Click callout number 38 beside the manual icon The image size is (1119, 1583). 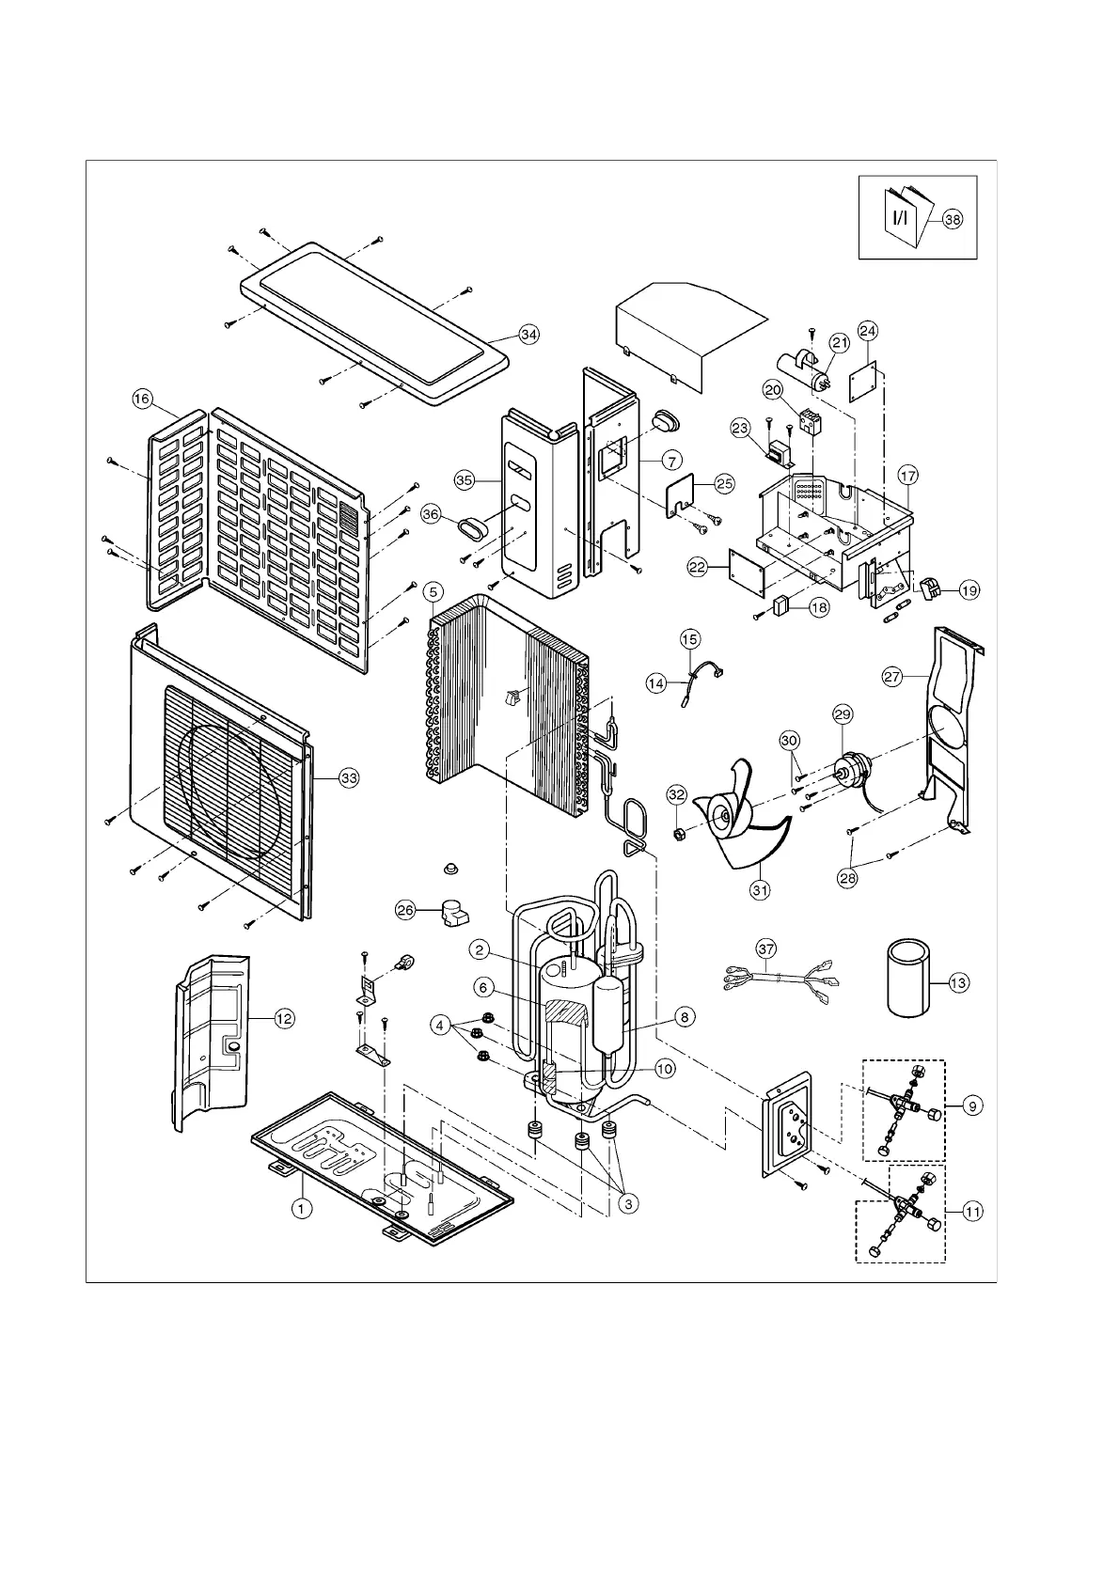953,219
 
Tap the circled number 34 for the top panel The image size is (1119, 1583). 529,335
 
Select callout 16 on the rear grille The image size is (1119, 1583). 142,400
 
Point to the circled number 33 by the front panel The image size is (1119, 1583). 349,778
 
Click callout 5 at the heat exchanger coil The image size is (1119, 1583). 432,591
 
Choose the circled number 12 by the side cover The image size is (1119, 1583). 284,1018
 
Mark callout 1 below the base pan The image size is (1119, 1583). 301,1208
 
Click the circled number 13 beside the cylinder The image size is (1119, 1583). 958,983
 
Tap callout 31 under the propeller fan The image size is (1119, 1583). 760,888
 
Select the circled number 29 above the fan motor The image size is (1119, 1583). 842,715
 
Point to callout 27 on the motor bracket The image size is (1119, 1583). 892,676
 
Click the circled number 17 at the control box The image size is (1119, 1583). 907,476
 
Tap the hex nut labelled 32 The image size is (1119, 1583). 677,833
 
